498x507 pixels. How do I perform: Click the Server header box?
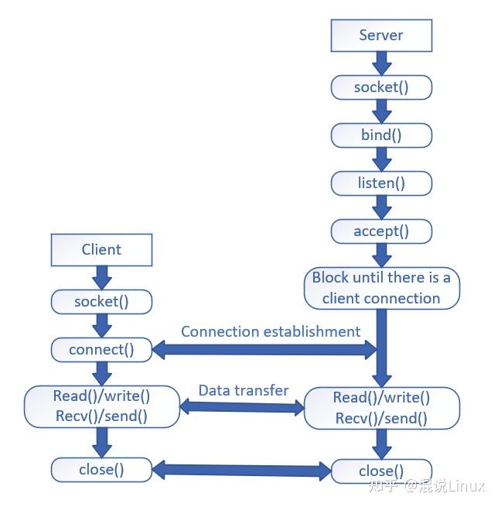[x=381, y=36]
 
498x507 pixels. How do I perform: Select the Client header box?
[x=101, y=250]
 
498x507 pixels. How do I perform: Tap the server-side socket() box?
[x=381, y=87]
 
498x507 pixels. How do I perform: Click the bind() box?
[x=381, y=135]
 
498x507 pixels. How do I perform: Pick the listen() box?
[x=381, y=183]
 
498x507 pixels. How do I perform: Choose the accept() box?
[x=381, y=231]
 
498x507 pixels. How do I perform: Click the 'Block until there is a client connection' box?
[x=382, y=288]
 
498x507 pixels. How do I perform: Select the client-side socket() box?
[x=101, y=302]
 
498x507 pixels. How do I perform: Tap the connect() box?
[x=101, y=350]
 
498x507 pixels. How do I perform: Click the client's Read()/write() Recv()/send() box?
[x=102, y=406]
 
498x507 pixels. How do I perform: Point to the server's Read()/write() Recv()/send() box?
[x=382, y=408]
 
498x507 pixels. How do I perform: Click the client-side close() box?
[x=101, y=470]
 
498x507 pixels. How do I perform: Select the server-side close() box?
[x=381, y=471]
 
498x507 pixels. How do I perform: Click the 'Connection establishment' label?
[x=271, y=332]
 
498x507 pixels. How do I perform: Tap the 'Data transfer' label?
[x=244, y=391]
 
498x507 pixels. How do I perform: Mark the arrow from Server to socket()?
[x=382, y=63]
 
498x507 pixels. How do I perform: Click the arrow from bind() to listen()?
[x=382, y=159]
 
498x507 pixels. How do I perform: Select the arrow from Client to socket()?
[x=102, y=278]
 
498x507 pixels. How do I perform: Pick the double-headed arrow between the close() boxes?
[x=241, y=471]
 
